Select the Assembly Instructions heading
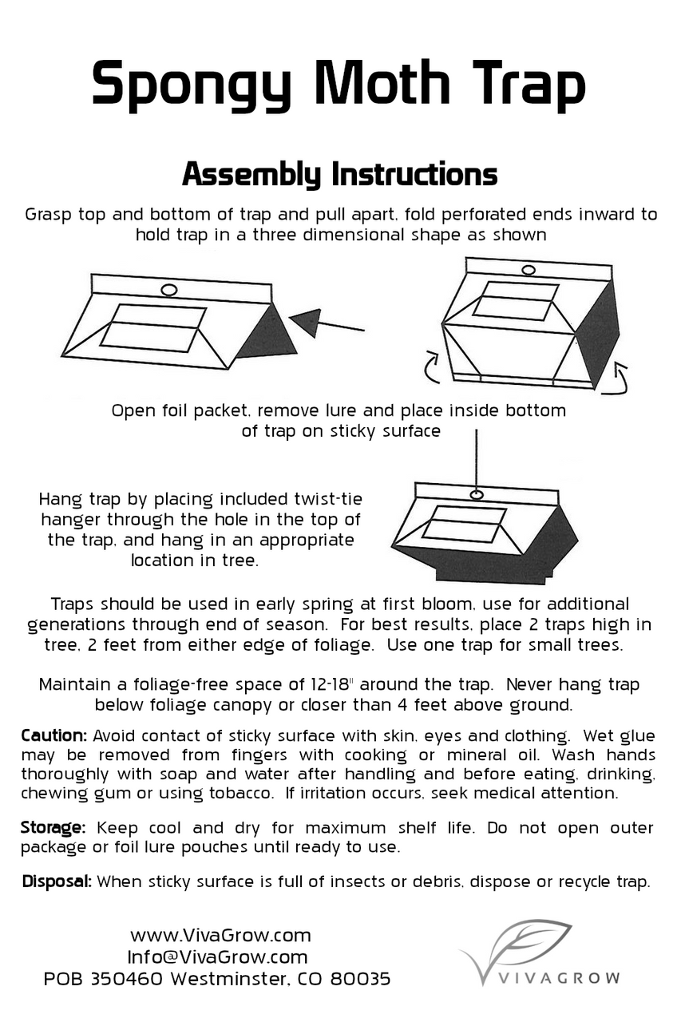pyautogui.click(x=339, y=174)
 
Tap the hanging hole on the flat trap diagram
pyautogui.click(x=168, y=289)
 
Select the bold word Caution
pyautogui.click(x=53, y=735)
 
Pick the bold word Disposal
pyautogui.click(x=57, y=882)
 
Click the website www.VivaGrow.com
pyautogui.click(x=220, y=935)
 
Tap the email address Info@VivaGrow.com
pyautogui.click(x=217, y=957)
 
